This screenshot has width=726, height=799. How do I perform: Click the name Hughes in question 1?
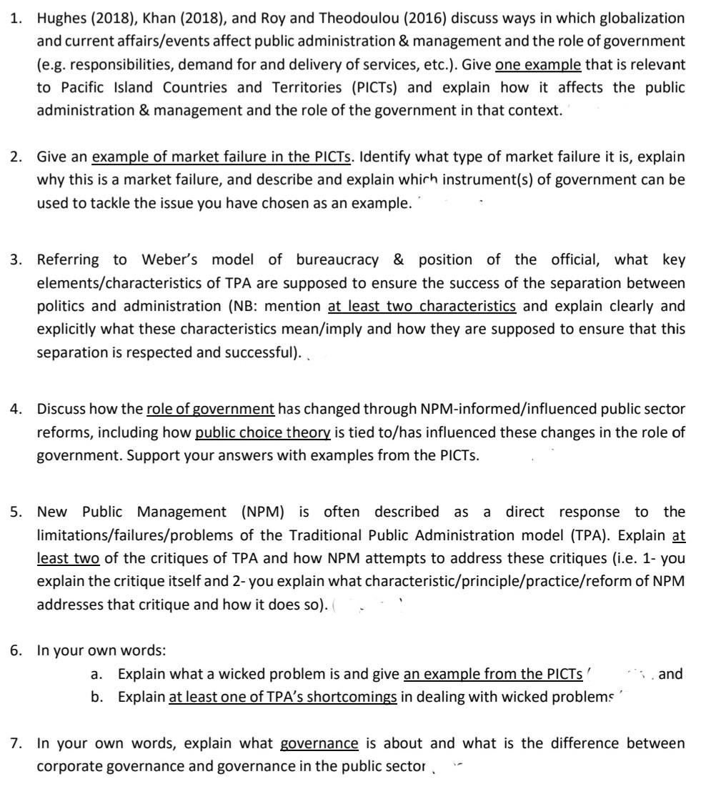coord(60,18)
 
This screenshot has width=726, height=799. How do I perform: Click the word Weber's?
coord(171,260)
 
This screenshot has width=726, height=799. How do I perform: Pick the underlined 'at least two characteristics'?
coord(422,306)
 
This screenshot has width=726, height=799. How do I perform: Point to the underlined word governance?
coord(319,743)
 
